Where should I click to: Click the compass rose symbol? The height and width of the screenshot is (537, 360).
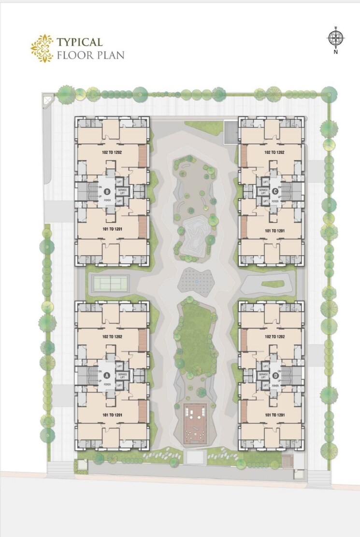334,37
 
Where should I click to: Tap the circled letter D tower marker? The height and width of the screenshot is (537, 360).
275,375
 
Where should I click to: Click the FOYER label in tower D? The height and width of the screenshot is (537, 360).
276,385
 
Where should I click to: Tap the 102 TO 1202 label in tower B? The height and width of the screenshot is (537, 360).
112,152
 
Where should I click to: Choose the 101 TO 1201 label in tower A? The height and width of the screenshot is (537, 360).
112,414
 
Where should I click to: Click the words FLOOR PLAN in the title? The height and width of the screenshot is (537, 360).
90,55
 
